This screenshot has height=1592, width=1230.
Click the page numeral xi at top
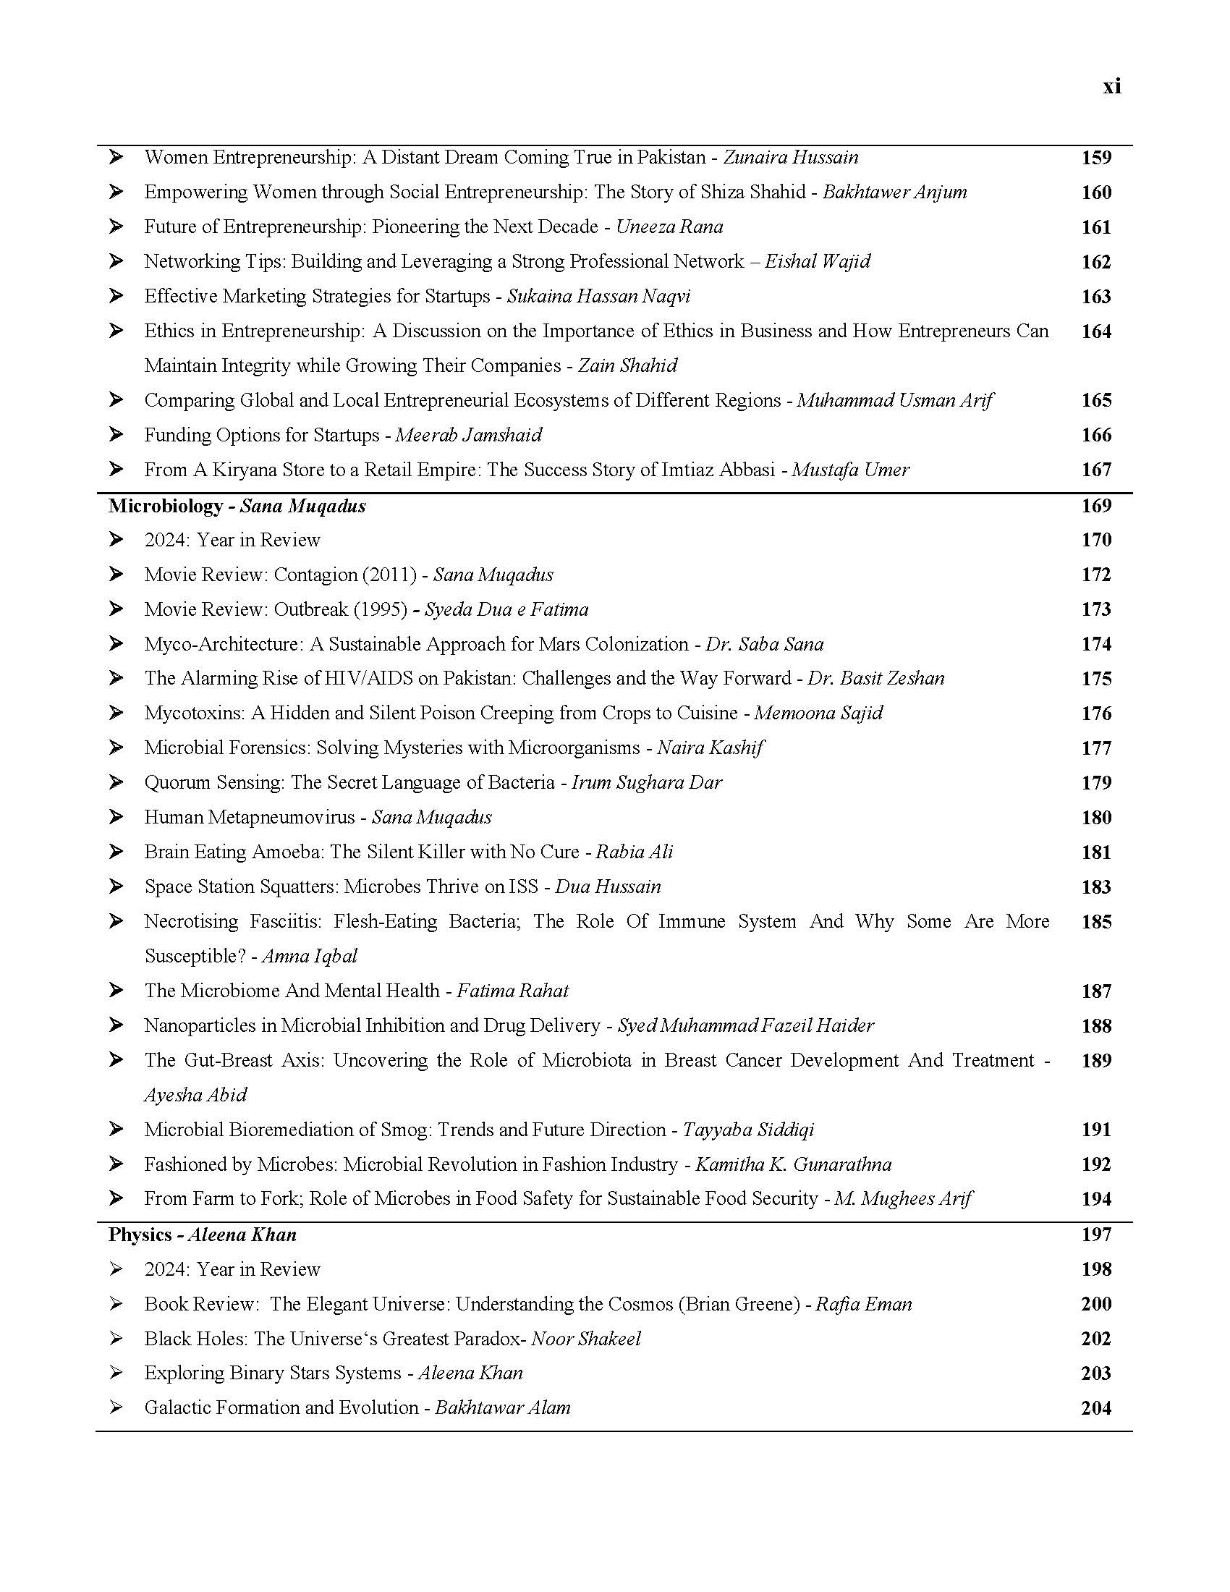(1111, 87)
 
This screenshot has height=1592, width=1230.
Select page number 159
(1096, 158)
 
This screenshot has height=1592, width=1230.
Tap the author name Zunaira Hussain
(791, 158)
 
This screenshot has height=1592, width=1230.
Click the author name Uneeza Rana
(670, 226)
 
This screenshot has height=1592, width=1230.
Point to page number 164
(1096, 331)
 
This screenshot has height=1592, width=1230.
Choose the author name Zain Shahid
(627, 365)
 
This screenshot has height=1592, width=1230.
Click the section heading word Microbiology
(166, 506)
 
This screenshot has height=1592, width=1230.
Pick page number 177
(1096, 748)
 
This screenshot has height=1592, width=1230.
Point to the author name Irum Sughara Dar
(646, 782)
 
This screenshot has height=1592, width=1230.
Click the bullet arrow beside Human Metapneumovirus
(116, 817)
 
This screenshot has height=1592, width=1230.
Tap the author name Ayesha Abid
(195, 1095)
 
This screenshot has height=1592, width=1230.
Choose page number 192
(1096, 1164)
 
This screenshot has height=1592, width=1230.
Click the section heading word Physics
(140, 1235)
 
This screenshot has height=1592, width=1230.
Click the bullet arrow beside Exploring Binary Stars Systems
(116, 1373)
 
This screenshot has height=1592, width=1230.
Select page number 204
(1096, 1408)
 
